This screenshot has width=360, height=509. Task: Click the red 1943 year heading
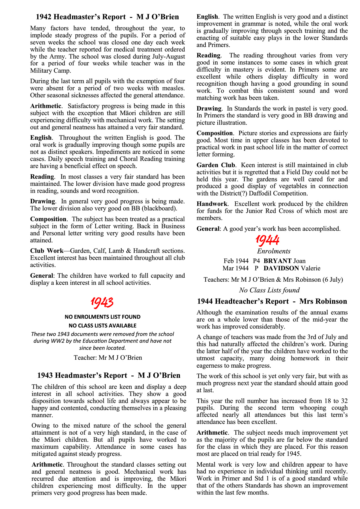[102, 302]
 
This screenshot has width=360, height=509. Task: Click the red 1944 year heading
[267, 240]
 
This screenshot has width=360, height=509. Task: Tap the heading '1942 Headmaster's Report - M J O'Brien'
[108, 17]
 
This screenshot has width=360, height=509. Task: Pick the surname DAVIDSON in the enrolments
[281, 268]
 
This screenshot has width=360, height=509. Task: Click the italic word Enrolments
[274, 251]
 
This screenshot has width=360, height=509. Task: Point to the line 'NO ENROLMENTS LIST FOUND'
[102, 317]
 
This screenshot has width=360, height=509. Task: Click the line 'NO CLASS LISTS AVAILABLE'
[102, 325]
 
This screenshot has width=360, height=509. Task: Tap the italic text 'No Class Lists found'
[269, 290]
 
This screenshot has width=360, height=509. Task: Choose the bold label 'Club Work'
[47, 251]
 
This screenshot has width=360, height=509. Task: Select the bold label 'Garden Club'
[216, 165]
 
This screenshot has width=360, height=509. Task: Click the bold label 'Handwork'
[212, 204]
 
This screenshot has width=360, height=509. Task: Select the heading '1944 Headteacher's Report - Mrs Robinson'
[272, 301]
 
